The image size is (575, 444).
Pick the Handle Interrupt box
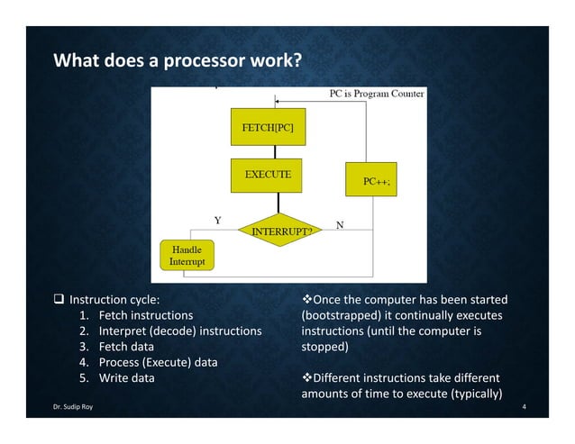(x=187, y=255)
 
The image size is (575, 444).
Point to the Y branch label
(x=217, y=220)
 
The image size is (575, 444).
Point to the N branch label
(x=340, y=224)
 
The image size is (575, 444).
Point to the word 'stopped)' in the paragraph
(x=324, y=347)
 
